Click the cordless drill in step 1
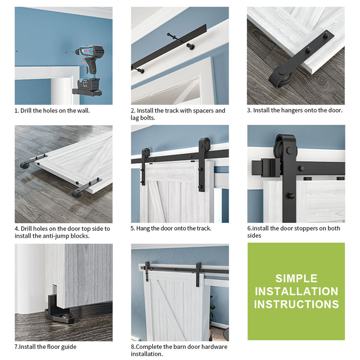(x=88, y=69)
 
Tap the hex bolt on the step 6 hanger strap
(x=289, y=196)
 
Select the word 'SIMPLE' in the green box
(x=296, y=279)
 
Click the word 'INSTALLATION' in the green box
(x=296, y=291)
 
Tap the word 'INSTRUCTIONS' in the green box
(x=296, y=304)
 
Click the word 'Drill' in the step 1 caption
(x=26, y=111)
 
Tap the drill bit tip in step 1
(x=66, y=52)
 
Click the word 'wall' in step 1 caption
(x=83, y=111)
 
